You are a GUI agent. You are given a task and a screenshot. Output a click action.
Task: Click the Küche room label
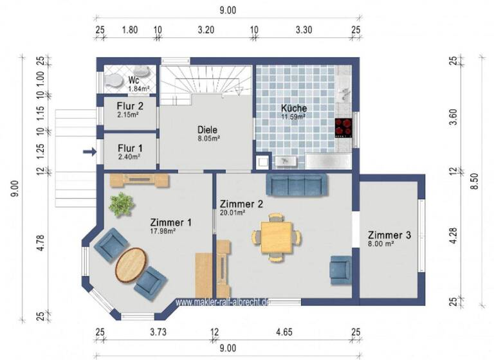click(293, 108)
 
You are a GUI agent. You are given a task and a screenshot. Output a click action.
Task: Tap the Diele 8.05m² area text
click(209, 138)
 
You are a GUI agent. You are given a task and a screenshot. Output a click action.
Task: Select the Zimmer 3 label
click(389, 235)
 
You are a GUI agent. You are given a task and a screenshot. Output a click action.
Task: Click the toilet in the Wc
click(116, 80)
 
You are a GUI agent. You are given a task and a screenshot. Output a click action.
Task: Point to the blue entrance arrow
click(89, 152)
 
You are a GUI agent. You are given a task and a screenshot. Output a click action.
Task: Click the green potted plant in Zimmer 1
click(121, 204)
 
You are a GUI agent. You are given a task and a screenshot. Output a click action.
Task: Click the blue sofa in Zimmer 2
click(297, 184)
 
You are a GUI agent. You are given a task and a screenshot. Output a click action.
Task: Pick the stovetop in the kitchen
click(344, 125)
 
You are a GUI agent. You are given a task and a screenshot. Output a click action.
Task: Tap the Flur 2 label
click(130, 106)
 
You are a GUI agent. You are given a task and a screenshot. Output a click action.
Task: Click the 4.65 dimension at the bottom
click(286, 332)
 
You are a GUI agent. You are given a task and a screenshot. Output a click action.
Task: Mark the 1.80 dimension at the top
click(129, 29)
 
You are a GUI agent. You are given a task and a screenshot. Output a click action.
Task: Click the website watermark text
click(222, 301)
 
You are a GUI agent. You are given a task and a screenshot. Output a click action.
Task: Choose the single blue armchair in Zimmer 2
click(340, 269)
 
